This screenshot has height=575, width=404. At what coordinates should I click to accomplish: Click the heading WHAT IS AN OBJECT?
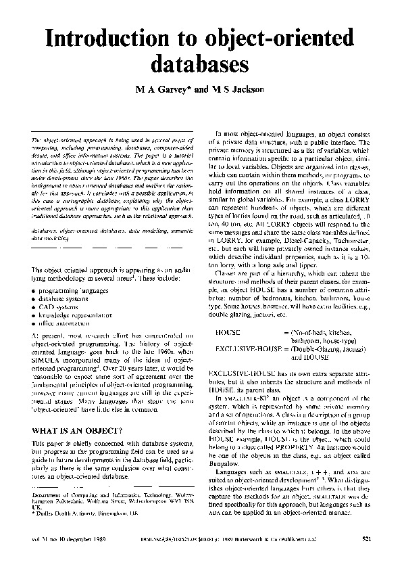click(x=77, y=430)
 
